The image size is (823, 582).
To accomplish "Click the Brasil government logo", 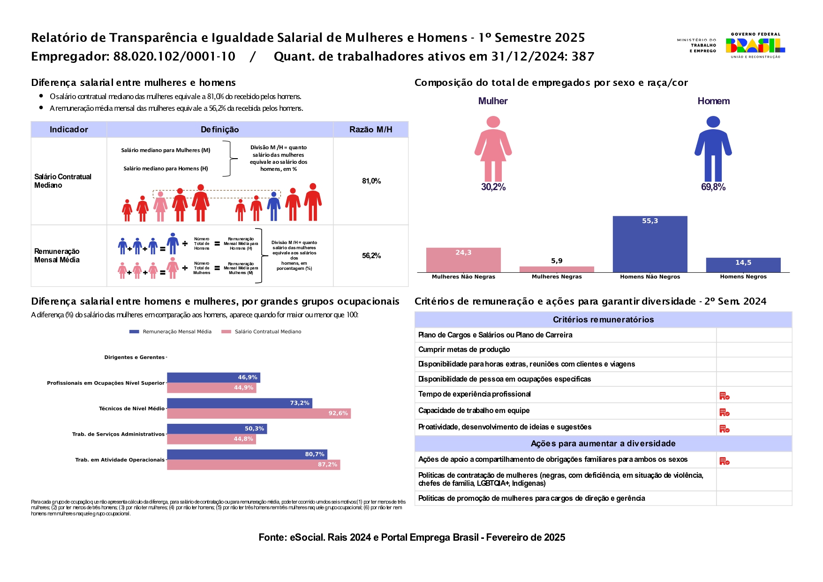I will (755, 46).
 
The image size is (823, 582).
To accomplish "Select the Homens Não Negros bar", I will (649, 244).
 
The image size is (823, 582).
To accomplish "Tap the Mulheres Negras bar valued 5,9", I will (557, 269).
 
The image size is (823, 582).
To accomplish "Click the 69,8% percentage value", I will (713, 187).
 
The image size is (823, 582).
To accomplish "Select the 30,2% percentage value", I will (493, 187).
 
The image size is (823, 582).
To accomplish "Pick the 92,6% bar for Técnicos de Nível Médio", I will (259, 414).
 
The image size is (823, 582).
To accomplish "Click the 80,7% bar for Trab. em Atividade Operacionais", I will (247, 454).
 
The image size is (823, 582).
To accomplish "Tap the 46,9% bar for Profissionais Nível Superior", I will (213, 377).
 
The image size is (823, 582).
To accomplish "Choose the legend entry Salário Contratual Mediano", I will (262, 332).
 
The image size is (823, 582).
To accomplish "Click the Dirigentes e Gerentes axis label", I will (134, 358).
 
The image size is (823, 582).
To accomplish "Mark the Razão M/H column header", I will (370, 130).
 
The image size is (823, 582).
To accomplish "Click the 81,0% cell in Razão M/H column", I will (371, 181).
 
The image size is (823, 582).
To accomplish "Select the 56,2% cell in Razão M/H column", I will (371, 256).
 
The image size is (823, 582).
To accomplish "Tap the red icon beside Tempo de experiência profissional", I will (724, 396).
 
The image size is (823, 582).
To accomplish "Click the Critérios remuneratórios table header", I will (603, 320).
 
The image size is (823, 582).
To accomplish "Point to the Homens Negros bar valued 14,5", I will (743, 265).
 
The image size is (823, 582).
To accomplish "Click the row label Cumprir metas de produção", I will (464, 350).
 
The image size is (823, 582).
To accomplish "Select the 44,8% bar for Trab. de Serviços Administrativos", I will (211, 439).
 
